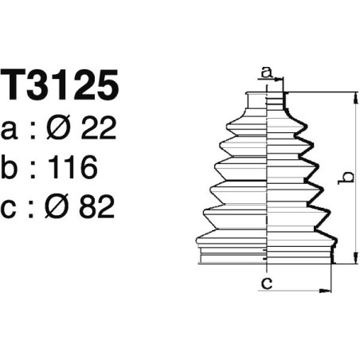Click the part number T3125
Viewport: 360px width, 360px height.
61,85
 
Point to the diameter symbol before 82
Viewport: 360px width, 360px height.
61,206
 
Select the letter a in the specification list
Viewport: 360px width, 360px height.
13,129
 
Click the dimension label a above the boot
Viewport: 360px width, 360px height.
268,72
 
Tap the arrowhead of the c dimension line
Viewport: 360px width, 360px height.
327,288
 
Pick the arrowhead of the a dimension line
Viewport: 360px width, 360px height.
280,80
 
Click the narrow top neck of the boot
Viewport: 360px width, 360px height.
265,102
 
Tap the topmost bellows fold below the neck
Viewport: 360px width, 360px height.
265,127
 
